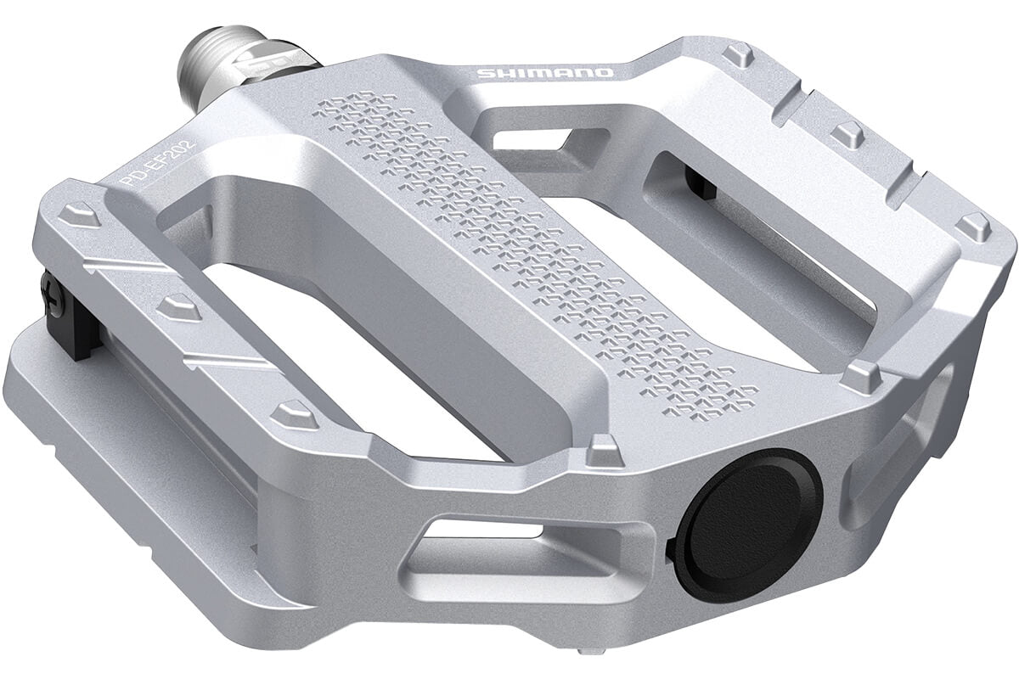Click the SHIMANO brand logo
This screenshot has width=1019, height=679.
(x=544, y=73)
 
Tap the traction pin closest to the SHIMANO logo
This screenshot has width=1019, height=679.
(x=735, y=57)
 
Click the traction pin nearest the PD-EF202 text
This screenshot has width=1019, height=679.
(x=81, y=213)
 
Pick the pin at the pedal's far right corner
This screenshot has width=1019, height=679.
(x=977, y=226)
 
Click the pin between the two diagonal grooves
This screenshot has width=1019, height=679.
(x=179, y=306)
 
